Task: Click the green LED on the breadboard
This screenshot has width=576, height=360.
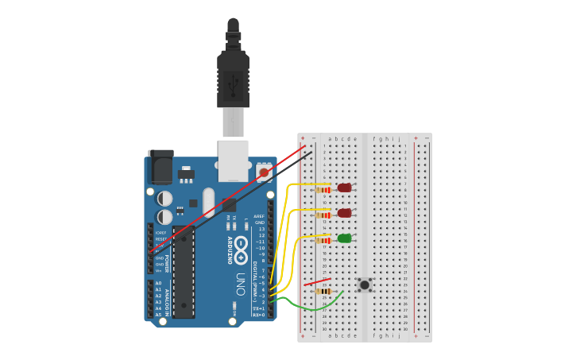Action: (x=344, y=238)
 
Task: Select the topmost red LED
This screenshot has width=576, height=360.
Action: (x=344, y=188)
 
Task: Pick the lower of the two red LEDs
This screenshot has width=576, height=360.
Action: (x=344, y=213)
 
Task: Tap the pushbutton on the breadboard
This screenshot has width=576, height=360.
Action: (x=365, y=285)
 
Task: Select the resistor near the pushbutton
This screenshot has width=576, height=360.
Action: (x=323, y=292)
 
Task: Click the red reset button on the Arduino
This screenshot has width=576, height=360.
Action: (x=264, y=172)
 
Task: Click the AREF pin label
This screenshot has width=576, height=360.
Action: (x=259, y=216)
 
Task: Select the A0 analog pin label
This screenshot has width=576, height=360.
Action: (x=158, y=283)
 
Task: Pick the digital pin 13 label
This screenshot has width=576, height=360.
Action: (x=260, y=229)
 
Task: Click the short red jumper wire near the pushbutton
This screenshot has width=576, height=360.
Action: (x=317, y=281)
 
